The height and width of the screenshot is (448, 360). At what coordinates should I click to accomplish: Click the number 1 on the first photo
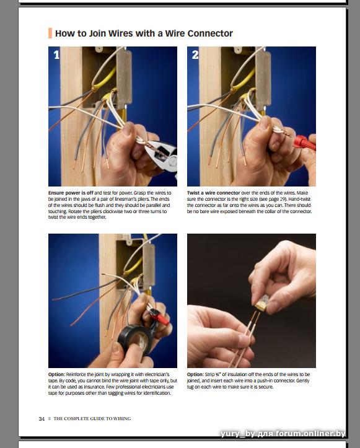(x=56, y=55)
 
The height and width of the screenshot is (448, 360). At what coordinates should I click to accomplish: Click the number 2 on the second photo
(x=195, y=55)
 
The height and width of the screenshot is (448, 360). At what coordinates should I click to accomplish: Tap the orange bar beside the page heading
(x=50, y=33)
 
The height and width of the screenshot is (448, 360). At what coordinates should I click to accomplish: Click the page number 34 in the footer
(x=42, y=419)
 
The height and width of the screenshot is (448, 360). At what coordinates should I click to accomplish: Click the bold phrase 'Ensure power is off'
(x=71, y=193)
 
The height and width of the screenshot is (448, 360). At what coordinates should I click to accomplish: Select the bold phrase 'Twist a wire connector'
(x=213, y=193)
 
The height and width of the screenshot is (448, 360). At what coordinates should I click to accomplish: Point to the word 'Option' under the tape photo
(x=56, y=374)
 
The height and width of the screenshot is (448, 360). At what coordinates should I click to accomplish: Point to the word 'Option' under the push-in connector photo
(x=195, y=374)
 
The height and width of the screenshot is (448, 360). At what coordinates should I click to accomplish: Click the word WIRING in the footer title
(x=122, y=419)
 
